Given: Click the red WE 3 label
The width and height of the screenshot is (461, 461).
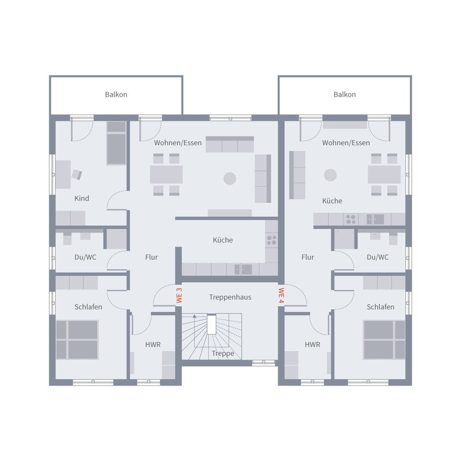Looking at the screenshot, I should click(179, 295).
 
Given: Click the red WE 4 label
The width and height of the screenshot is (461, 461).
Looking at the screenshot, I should click(281, 295).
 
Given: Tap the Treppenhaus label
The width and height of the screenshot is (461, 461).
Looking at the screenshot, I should click(230, 297).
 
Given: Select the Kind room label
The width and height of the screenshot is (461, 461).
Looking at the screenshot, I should click(81, 198).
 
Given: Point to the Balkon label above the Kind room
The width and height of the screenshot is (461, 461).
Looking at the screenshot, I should click(116, 95).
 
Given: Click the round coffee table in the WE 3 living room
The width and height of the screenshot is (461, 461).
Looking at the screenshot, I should click(230, 178).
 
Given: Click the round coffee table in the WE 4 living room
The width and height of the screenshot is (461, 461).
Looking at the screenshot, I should click(330, 175).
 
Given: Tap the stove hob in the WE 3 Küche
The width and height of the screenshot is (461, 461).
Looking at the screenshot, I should click(272, 240).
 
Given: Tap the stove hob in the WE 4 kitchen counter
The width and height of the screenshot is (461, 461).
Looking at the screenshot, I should click(351, 219).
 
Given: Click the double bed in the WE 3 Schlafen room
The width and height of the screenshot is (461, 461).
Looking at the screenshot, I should click(77, 340).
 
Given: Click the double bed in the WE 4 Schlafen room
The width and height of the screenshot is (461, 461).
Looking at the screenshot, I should click(384, 340).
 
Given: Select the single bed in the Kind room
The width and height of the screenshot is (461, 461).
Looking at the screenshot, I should click(116, 143).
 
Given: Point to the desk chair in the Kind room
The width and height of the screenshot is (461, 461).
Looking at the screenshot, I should click(77, 175).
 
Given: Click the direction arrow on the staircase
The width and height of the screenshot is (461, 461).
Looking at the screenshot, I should click(194, 317).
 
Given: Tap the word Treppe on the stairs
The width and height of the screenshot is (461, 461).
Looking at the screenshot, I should click(223, 353).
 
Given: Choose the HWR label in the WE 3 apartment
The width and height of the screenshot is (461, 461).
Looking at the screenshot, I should click(153, 345).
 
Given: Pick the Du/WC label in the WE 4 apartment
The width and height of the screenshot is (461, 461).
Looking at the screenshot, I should click(377, 257).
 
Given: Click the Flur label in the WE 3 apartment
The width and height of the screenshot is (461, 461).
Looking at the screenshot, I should click(151, 257).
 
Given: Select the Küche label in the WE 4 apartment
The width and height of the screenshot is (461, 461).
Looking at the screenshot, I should click(332, 201).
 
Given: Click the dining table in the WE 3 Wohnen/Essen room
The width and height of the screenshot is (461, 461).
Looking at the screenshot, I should click(166, 174).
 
